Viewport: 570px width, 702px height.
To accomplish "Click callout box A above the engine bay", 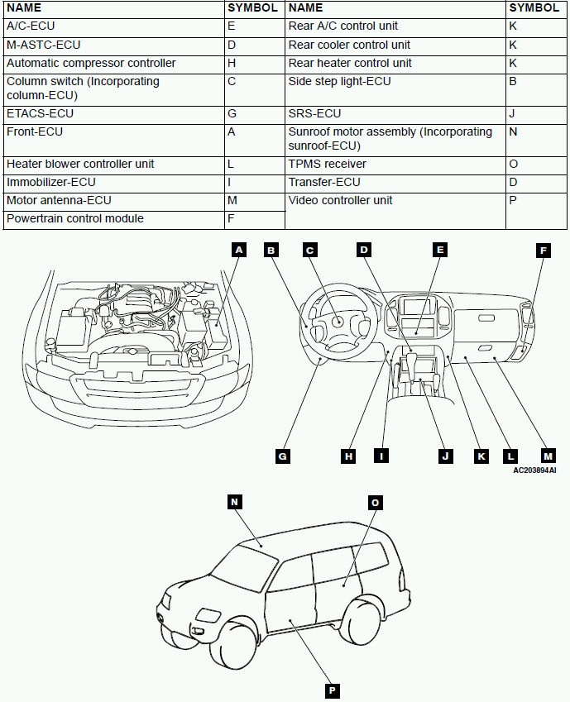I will [239, 250].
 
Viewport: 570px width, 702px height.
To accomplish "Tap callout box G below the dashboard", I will [283, 456].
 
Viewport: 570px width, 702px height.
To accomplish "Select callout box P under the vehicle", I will [333, 690].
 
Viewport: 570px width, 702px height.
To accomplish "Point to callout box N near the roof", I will [235, 502].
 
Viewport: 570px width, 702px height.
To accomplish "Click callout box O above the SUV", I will [375, 502].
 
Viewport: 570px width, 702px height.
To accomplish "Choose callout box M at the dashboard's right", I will [548, 456].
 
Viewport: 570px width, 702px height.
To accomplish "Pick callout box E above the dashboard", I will [440, 250].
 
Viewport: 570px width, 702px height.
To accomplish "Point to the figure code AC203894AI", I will [534, 470].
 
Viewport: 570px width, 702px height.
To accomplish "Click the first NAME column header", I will [24, 7].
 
